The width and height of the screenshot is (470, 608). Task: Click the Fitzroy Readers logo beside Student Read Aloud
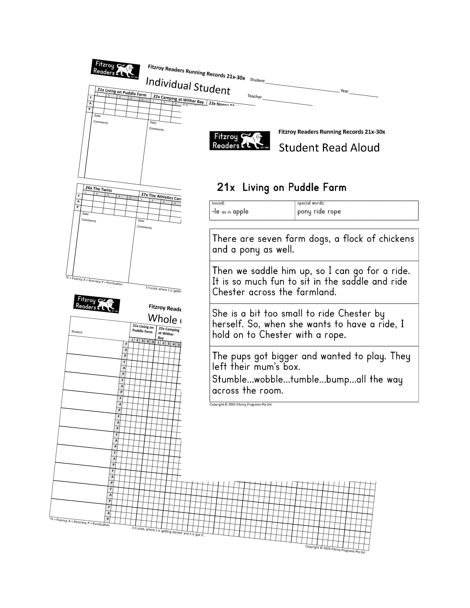239,141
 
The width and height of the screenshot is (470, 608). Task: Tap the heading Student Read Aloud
329,148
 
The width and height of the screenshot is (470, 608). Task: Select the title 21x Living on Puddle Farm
281,187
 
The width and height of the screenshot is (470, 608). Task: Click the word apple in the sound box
241,212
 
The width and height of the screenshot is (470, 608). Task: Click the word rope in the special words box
334,212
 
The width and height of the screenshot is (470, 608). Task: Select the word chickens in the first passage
396,239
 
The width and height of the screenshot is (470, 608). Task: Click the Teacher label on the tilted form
254,96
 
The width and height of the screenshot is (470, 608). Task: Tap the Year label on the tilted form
344,91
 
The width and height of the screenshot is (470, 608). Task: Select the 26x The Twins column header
98,189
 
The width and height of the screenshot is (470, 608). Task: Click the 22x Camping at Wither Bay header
178,100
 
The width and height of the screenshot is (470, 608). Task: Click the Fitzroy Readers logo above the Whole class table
96,304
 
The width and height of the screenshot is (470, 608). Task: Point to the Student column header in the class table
77,332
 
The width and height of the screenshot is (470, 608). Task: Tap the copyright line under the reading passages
240,405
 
